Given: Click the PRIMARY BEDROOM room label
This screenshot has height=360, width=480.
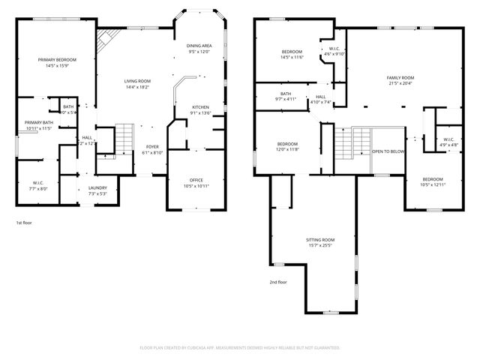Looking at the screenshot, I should point(57,59).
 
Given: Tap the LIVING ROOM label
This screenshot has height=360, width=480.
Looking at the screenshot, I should point(137,81).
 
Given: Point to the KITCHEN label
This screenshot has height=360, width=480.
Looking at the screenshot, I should point(200,107).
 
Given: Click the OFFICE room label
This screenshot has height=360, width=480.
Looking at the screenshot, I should point(196,179).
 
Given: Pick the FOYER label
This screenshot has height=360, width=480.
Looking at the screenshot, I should point(153,147).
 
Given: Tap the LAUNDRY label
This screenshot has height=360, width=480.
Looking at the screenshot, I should point(97,187).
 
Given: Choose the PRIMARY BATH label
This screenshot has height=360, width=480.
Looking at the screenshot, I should point(38,123).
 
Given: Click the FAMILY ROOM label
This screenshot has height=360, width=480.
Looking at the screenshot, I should point(400,77).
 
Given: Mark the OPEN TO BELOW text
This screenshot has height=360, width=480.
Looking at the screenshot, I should point(388,151).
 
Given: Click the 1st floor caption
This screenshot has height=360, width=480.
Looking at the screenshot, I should point(24,223).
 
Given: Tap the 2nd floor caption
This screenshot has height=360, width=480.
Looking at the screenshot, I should point(277,282).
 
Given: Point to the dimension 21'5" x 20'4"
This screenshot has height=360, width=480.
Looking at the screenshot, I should point(400,83).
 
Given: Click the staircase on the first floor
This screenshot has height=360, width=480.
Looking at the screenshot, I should point(124,139).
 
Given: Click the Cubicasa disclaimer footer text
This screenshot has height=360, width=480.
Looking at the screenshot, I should point(240,348).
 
